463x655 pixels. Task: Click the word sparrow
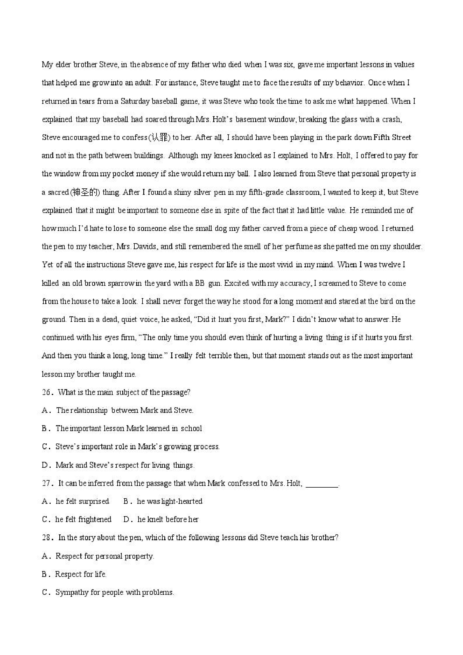coord(121,283)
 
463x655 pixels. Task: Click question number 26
coord(46,392)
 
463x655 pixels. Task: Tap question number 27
coord(46,483)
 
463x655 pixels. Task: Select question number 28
coord(46,538)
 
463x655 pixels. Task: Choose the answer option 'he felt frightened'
coord(83,520)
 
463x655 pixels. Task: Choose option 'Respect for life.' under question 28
coord(80,574)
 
